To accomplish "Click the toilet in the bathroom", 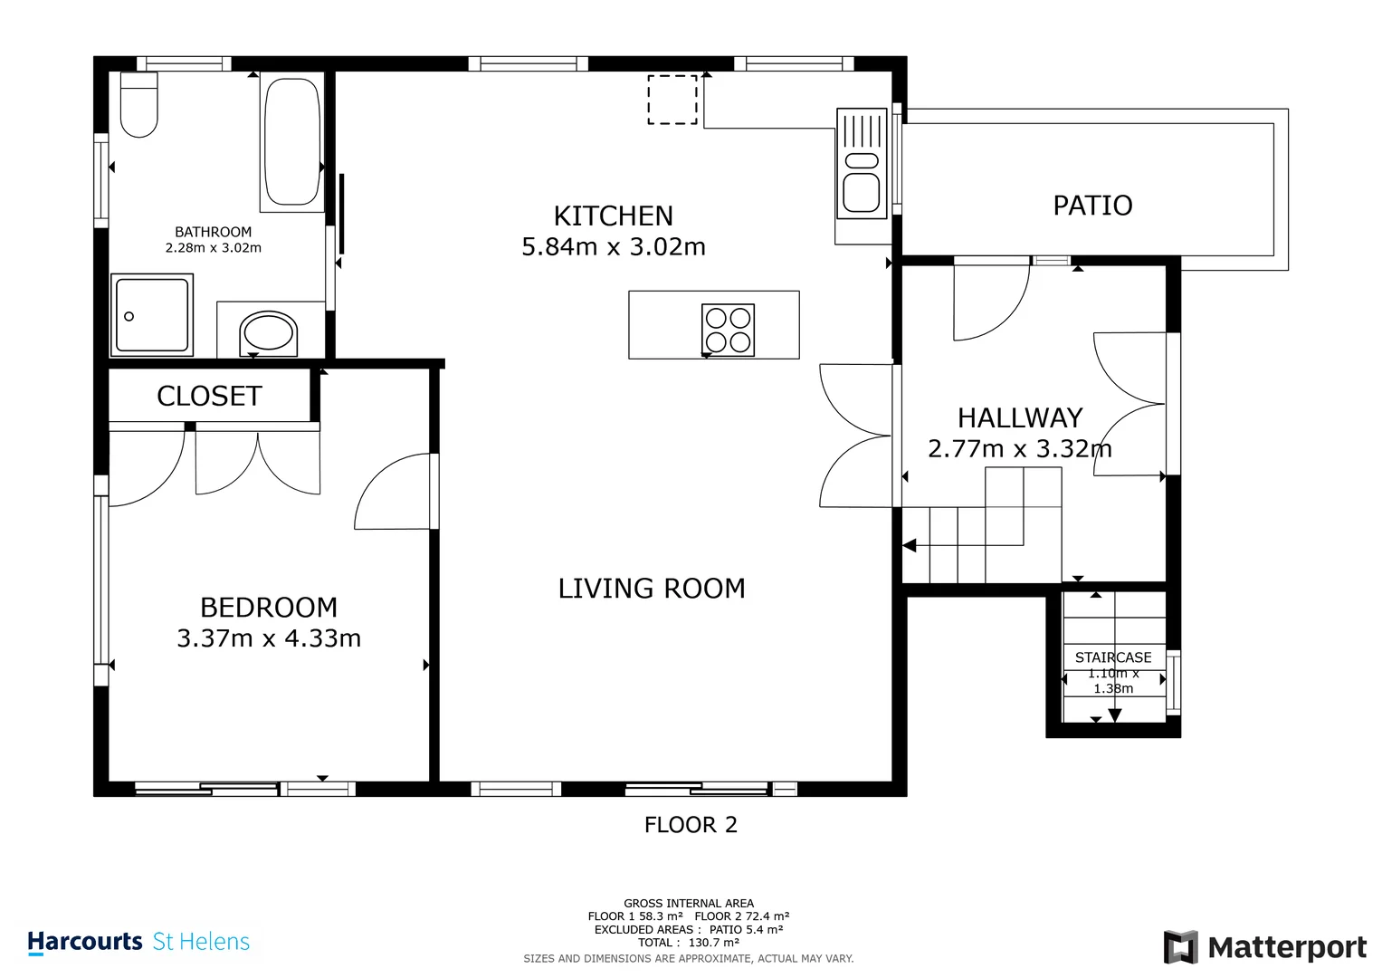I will tap(138, 107).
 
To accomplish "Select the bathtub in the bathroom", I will tap(291, 142).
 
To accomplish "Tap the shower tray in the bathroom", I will tap(152, 315).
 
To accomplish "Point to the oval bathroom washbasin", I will tap(269, 332).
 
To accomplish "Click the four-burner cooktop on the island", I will tap(728, 330).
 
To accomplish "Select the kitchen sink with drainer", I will tap(861, 164).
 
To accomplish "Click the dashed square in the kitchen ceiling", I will tap(672, 100).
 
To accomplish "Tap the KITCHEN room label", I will tap(613, 216).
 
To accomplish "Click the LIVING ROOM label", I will tap(651, 589).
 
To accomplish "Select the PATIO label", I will tap(1092, 206).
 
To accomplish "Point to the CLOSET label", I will tap(209, 396).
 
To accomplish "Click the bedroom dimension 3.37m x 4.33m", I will tap(269, 638).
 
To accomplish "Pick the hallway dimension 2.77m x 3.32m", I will tap(1019, 448).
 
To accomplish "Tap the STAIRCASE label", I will tap(1113, 657).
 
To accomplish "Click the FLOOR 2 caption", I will tap(691, 825).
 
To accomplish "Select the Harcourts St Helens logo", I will tap(138, 942).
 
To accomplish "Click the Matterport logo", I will tap(1264, 947).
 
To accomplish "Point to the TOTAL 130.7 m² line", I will tap(688, 943).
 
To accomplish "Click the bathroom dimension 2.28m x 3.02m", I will tap(213, 247).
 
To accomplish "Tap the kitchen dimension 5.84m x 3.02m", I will tap(613, 247).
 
